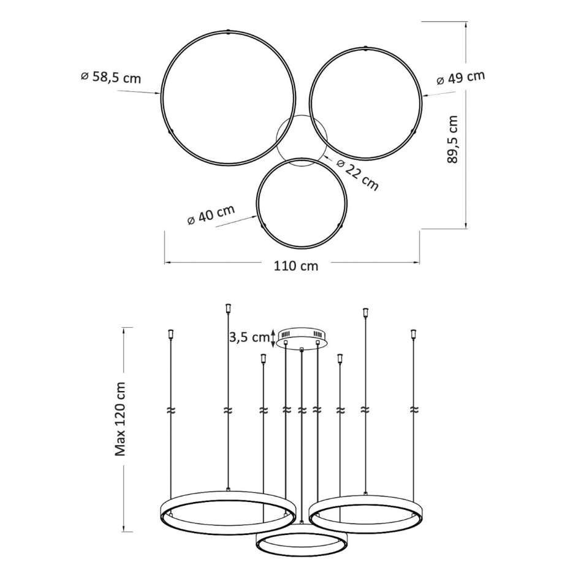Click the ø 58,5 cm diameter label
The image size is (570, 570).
(x=110, y=77)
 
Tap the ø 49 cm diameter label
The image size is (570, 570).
(x=460, y=77)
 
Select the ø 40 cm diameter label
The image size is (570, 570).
(x=211, y=215)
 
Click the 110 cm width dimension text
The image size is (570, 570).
(x=296, y=266)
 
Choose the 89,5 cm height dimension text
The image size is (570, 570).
(x=452, y=139)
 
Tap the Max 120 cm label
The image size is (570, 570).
(x=120, y=419)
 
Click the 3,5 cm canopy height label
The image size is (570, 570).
(x=249, y=337)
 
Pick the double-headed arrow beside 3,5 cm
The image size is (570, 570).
(x=273, y=338)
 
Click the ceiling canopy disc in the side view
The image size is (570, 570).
(x=302, y=337)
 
